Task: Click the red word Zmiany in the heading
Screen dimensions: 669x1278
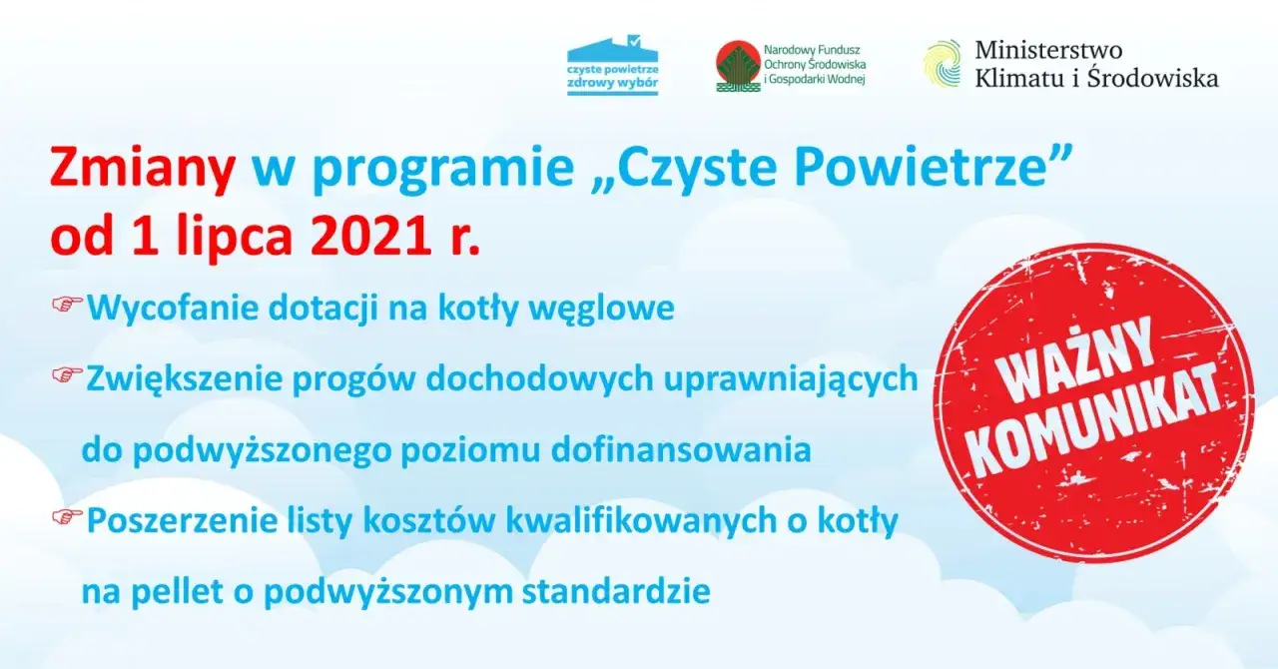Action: (x=143, y=170)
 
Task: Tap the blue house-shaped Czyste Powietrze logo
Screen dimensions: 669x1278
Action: (x=612, y=65)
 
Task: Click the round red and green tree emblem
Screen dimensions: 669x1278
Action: (x=738, y=66)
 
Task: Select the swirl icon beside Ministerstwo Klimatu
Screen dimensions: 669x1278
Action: (x=943, y=64)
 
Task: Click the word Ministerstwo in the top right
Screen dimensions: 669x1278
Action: (x=1048, y=50)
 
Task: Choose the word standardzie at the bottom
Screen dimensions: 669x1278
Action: (x=616, y=591)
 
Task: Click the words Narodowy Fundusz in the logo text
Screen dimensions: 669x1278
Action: (x=811, y=48)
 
